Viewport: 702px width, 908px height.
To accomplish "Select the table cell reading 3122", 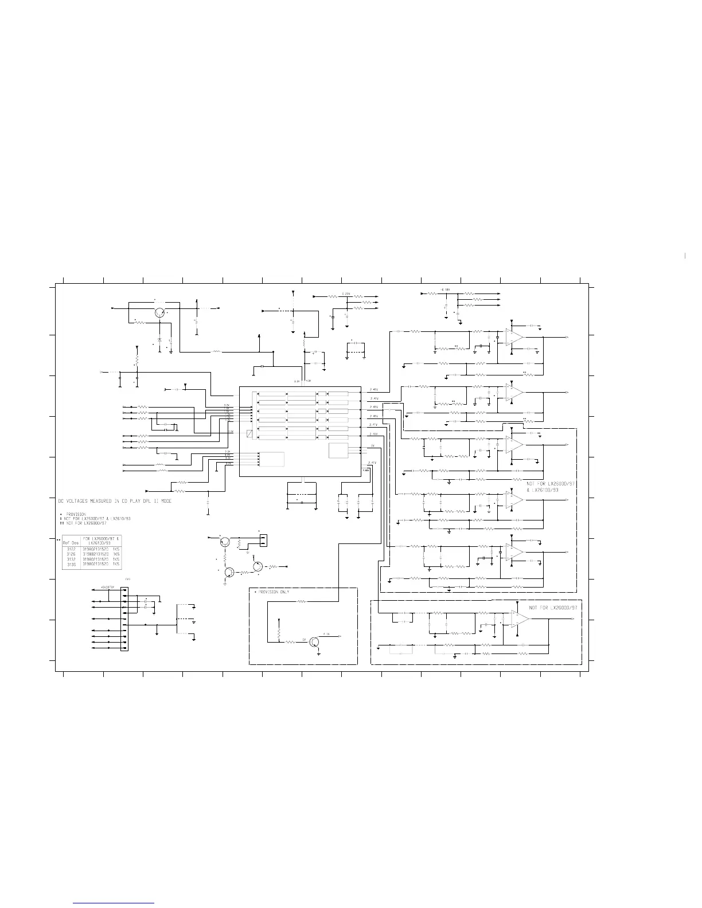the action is [x=71, y=549].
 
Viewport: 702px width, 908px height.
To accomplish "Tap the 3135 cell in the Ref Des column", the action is [x=71, y=565].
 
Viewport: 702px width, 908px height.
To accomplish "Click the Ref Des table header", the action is [x=71, y=541].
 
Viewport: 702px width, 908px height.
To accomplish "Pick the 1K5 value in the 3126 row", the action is [x=116, y=554].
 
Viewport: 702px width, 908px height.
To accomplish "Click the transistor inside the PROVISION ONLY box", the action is [x=314, y=641].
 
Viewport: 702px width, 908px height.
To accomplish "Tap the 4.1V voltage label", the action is [x=326, y=634].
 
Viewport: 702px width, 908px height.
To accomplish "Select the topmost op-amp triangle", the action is [x=514, y=337].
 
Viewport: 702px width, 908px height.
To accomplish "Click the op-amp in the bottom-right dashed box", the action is [x=520, y=619].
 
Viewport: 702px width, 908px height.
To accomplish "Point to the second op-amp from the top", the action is [x=514, y=393].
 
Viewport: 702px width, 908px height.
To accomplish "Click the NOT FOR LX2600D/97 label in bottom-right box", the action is [x=555, y=607].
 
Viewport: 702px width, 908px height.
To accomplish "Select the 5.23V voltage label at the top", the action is [x=346, y=293].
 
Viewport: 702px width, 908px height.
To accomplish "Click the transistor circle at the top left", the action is [x=161, y=312].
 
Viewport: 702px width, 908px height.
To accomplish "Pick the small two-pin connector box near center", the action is [x=263, y=540].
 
